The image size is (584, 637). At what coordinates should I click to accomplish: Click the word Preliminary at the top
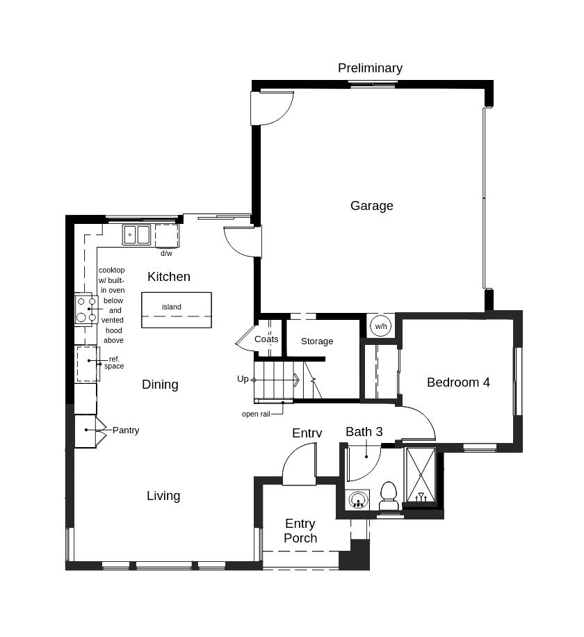370,68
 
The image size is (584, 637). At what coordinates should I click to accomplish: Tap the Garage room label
371,206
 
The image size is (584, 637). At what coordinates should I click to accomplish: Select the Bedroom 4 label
458,382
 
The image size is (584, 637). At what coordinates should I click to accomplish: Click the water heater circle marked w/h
380,326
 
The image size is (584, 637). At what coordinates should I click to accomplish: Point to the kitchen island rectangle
177,310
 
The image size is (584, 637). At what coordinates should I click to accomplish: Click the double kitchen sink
137,235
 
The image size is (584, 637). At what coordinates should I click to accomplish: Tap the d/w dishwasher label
166,254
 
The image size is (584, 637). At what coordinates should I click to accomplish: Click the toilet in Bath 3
388,495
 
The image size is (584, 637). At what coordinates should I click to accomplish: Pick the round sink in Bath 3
358,499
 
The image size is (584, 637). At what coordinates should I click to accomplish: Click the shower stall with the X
421,475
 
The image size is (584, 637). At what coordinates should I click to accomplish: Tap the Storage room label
317,341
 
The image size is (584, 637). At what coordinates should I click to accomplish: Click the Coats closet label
266,339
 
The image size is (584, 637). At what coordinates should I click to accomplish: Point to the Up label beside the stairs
243,379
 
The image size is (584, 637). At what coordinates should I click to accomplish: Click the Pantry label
126,430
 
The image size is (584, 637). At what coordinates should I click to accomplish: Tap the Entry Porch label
300,531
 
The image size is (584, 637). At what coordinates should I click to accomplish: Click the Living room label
163,496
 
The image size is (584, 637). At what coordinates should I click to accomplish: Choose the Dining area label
160,385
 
